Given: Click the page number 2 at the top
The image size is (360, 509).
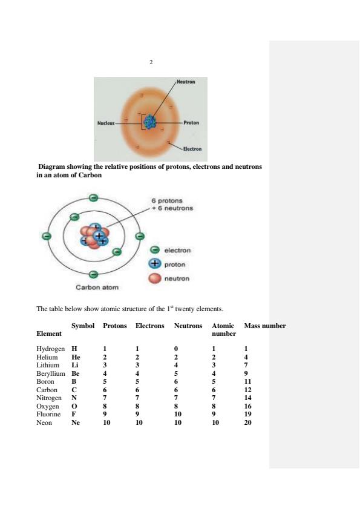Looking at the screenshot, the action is (151, 62).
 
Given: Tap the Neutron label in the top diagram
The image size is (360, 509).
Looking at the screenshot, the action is (186, 81).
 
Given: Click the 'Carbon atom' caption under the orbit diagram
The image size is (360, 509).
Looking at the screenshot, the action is (97, 287).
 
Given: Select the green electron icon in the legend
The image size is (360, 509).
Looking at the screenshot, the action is (155, 250).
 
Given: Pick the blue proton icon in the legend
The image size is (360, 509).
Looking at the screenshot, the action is (155, 264).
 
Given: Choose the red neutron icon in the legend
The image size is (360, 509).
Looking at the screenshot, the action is (155, 278).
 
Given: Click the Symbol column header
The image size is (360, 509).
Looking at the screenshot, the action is (83, 326).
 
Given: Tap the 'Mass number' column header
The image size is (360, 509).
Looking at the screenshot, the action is (264, 326).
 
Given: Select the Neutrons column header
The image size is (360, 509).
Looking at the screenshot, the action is (188, 326).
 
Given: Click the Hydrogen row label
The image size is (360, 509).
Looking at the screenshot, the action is (50, 349).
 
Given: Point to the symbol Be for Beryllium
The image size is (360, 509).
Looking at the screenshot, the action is (76, 374).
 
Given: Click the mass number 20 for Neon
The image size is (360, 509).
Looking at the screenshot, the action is (247, 423).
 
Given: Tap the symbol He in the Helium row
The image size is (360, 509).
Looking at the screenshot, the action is (76, 358).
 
